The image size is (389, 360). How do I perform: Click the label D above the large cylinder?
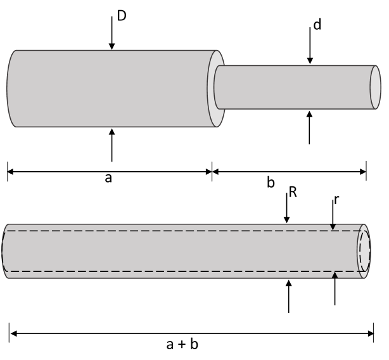click(x=122, y=13)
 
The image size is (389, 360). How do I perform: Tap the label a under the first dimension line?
click(x=108, y=179)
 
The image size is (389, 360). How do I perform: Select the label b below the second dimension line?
click(x=271, y=183)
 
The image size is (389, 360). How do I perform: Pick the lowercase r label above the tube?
click(x=336, y=200)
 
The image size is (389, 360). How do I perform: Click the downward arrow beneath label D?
click(x=112, y=32)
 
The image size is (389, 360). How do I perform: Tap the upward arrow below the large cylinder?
click(x=112, y=145)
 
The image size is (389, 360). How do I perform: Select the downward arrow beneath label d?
click(x=310, y=48)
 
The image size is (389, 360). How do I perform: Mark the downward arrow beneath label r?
click(x=333, y=215)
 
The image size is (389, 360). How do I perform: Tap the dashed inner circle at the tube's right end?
click(x=364, y=251)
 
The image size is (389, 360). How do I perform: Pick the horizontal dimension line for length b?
click(x=289, y=170)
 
